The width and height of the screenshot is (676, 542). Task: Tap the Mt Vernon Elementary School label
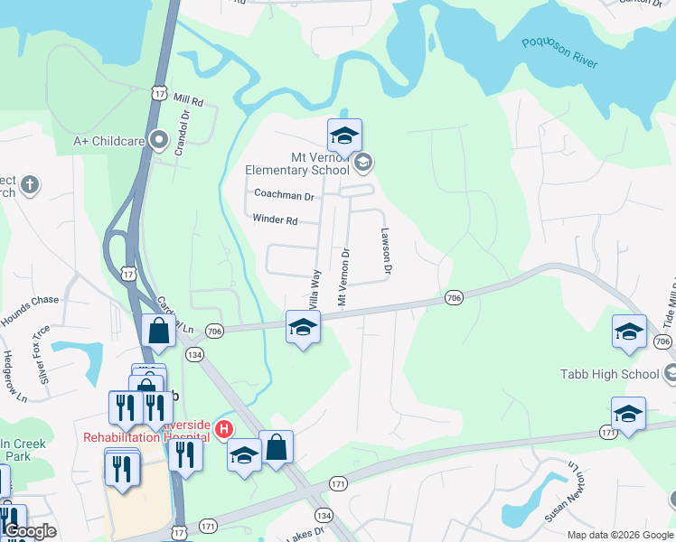click(296, 164)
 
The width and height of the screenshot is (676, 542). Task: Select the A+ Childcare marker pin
click(160, 140)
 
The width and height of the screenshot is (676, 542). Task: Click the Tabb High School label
click(610, 374)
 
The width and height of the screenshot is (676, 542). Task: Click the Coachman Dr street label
click(284, 194)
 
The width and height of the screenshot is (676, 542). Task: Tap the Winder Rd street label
click(275, 220)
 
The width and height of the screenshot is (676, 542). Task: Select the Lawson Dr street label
click(387, 252)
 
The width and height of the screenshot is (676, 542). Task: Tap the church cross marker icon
click(30, 185)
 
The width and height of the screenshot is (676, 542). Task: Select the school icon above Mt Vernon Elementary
click(344, 136)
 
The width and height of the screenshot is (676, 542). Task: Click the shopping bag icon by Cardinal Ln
click(159, 332)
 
